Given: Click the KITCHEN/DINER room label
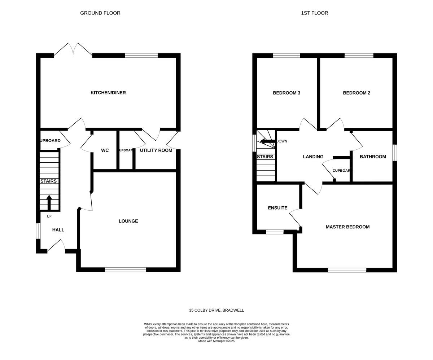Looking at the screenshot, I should coord(108,93).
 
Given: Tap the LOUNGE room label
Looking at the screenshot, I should coord(128,221).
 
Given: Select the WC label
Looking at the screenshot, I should coord(105,150).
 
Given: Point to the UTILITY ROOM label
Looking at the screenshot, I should coord(156,150).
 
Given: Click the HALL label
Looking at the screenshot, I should coord(58,230).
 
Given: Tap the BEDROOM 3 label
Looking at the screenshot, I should coord(287,93).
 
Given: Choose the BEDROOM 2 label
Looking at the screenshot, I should coord(357,93).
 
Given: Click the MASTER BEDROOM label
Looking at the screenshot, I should coord(347,227).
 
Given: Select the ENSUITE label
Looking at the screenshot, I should coord(277,208).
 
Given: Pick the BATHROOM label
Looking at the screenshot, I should coord(373,157).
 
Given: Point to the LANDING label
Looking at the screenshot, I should coord(313,157).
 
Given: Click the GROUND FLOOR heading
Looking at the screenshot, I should coord(100,13).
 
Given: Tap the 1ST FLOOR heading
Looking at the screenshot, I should coord(315,13).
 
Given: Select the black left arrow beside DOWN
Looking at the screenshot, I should coord(267,141).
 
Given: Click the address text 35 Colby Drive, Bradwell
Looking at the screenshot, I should coord(216,310).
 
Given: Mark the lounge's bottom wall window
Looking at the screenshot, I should coord(126,269).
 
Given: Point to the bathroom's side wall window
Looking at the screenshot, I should coord(395,153).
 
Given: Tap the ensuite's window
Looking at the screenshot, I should coord(275,232).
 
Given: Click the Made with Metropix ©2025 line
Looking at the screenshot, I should coord(216,341).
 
